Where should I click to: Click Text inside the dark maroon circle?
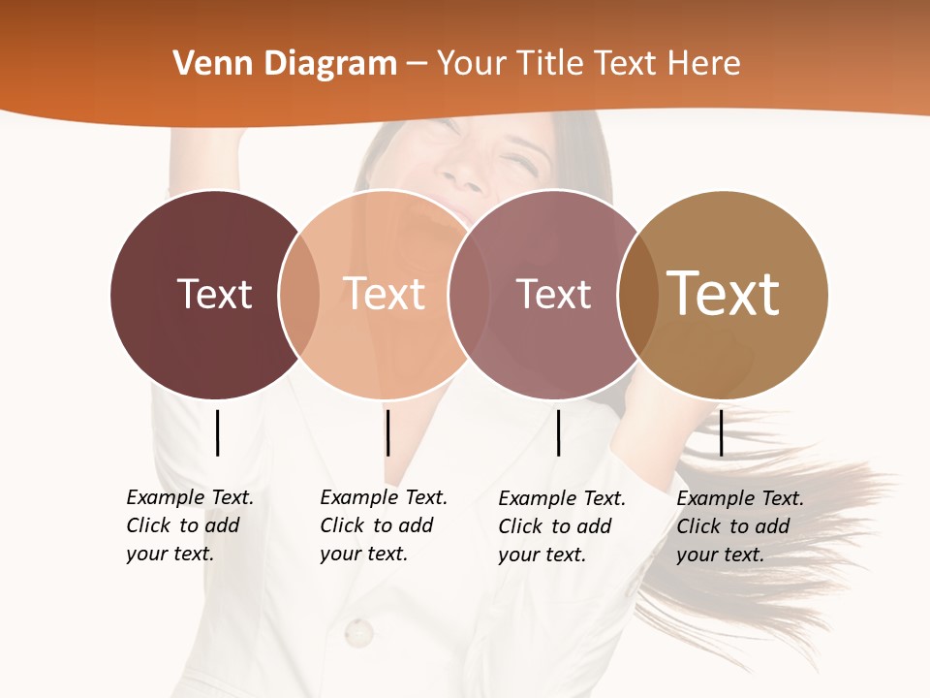[x=214, y=294]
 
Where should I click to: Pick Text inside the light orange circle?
[x=384, y=294]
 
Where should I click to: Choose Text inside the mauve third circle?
[x=553, y=294]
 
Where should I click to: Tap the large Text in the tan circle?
[x=724, y=294]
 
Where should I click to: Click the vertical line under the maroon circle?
[x=217, y=432]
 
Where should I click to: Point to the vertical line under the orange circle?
[x=387, y=432]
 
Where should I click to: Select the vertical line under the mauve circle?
[x=558, y=432]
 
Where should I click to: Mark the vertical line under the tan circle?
[x=721, y=432]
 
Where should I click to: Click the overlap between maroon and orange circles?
[x=299, y=294]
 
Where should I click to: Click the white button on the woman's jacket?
[x=358, y=633]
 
